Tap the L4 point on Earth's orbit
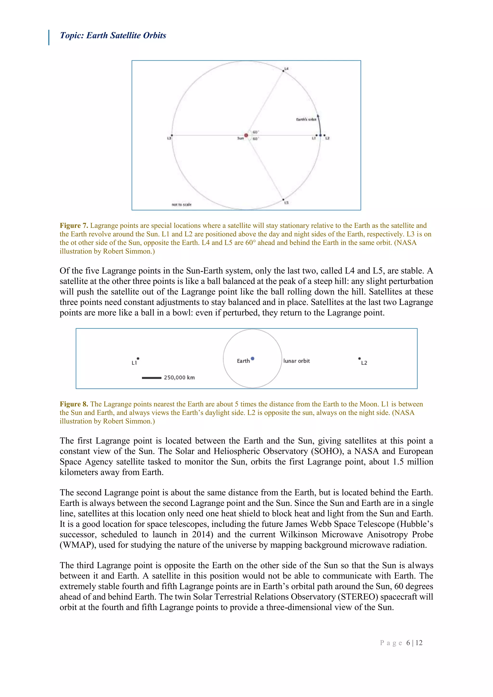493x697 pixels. click(284, 71)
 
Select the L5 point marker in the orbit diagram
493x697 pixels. click(284, 200)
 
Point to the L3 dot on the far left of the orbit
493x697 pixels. click(172, 136)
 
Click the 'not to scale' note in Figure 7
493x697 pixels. click(182, 205)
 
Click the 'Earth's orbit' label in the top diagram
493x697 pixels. click(306, 120)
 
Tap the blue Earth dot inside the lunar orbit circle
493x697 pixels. click(253, 359)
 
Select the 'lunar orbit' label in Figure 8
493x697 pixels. click(297, 361)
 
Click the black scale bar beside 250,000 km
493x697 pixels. click(151, 378)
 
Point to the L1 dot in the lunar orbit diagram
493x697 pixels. click(138, 359)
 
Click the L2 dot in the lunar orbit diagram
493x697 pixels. click(359, 359)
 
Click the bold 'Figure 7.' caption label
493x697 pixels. click(74, 226)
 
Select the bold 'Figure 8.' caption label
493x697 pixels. click(74, 404)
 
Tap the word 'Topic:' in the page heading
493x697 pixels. click(72, 36)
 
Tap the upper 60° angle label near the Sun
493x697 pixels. click(255, 132)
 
